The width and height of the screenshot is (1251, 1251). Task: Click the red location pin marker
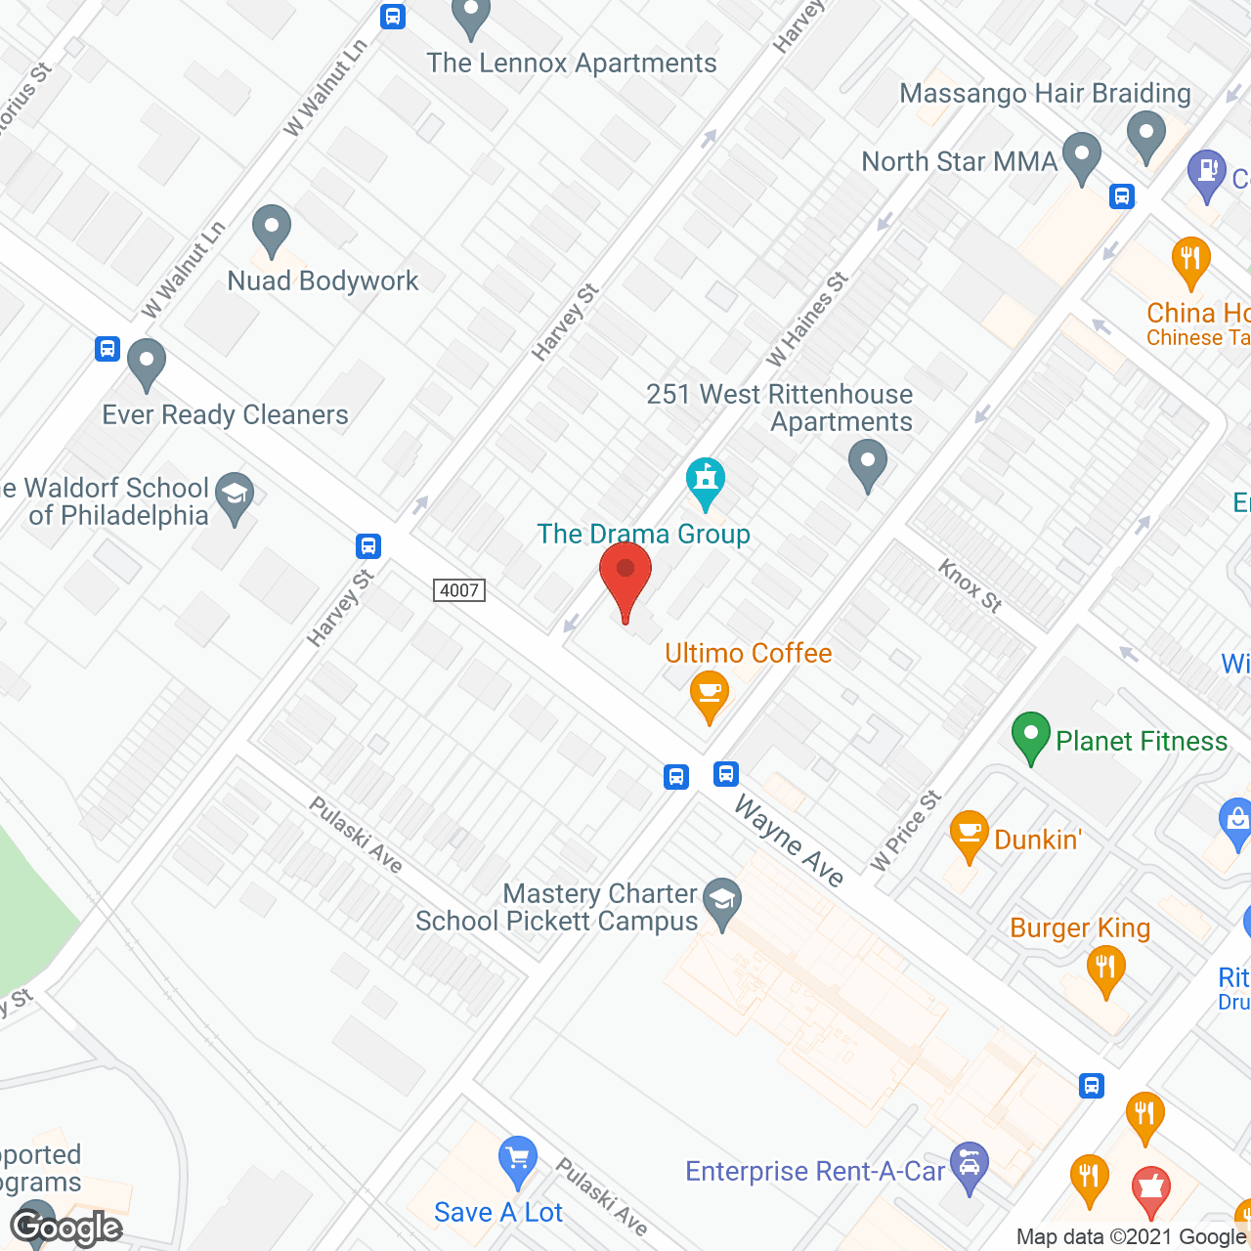click(x=625, y=577)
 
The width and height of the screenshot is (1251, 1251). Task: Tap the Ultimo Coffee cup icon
click(x=710, y=694)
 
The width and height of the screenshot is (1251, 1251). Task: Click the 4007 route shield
click(x=459, y=590)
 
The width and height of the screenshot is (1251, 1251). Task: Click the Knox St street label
click(x=971, y=585)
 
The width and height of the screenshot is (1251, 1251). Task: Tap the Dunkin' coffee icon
click(x=969, y=834)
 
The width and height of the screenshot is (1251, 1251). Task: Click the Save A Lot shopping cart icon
click(x=517, y=1160)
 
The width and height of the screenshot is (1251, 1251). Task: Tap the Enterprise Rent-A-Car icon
click(x=969, y=1165)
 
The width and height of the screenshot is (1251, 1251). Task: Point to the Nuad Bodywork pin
click(x=272, y=229)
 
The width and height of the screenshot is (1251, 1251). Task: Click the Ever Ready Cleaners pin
click(x=147, y=363)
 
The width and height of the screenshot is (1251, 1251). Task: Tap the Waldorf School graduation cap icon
click(x=235, y=496)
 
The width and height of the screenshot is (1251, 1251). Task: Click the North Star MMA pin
click(x=1081, y=156)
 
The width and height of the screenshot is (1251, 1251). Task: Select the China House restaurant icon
click(x=1190, y=260)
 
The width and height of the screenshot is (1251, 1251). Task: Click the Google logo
click(x=66, y=1228)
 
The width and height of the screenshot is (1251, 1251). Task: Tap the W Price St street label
click(x=906, y=831)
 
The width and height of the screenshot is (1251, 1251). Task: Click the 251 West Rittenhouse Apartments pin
click(x=867, y=463)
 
